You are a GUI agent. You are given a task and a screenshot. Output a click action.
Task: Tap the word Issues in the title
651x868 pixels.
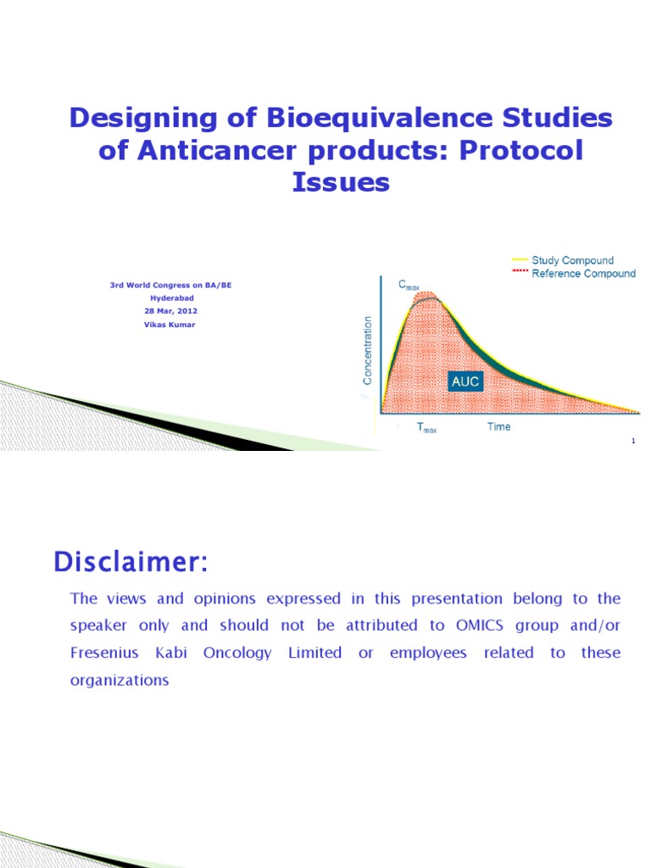click(341, 181)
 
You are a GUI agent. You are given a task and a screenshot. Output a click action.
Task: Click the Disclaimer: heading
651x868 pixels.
click(131, 562)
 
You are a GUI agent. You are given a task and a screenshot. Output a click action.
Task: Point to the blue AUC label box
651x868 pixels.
click(465, 381)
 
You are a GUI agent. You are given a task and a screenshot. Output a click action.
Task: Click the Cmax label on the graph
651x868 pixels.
click(410, 287)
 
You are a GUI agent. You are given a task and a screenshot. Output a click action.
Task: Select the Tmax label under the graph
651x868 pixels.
click(426, 428)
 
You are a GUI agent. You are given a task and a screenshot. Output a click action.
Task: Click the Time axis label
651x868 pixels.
click(498, 426)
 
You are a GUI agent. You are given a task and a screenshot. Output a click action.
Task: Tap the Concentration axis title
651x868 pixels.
click(367, 349)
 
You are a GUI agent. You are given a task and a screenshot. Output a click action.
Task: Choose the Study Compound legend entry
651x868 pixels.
click(572, 260)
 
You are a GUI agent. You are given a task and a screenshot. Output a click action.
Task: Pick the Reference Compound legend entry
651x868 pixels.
click(583, 274)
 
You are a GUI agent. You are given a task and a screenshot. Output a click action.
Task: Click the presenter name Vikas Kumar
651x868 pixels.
click(170, 325)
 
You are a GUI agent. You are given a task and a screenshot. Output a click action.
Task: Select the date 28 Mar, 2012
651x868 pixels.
click(170, 312)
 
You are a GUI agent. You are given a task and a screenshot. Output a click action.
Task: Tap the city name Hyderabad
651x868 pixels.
click(170, 299)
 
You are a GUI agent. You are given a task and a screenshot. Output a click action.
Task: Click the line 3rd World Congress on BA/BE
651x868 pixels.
click(170, 287)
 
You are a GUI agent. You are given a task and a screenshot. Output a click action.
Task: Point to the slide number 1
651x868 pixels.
click(632, 441)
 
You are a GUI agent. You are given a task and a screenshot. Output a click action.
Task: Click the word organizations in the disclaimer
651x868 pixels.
click(120, 680)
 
